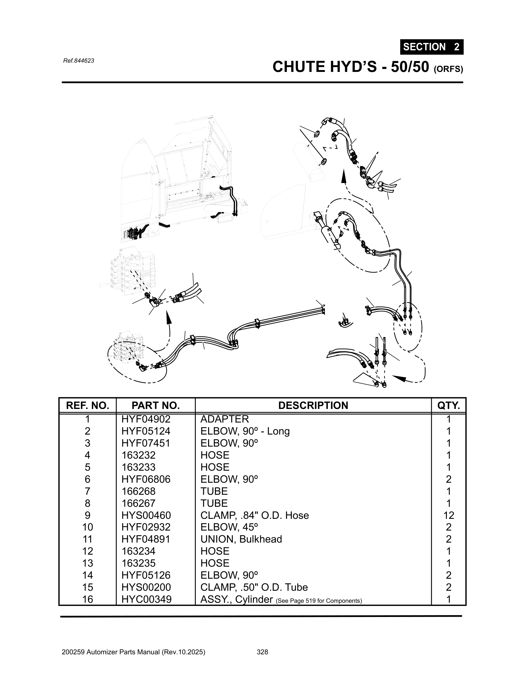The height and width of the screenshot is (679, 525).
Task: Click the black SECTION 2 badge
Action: (x=431, y=47)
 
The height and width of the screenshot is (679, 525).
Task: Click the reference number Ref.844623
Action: (x=78, y=61)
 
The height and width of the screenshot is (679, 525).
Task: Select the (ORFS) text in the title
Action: (x=448, y=69)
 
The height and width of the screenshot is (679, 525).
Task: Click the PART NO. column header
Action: (x=156, y=406)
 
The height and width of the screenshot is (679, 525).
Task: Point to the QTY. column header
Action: (x=448, y=406)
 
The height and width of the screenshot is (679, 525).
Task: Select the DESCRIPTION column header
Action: (x=313, y=406)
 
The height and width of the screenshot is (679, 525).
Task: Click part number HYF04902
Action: (x=146, y=419)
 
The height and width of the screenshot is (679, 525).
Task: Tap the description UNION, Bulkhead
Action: (x=241, y=539)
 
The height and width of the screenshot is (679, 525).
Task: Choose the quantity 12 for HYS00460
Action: (x=448, y=515)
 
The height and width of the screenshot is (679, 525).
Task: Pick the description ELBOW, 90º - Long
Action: (x=245, y=431)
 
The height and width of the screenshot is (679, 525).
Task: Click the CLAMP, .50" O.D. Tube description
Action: (x=254, y=587)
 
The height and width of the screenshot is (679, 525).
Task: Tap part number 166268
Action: (x=138, y=491)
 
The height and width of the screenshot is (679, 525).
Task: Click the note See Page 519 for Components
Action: (x=318, y=601)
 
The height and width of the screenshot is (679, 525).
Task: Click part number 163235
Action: (x=138, y=563)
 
